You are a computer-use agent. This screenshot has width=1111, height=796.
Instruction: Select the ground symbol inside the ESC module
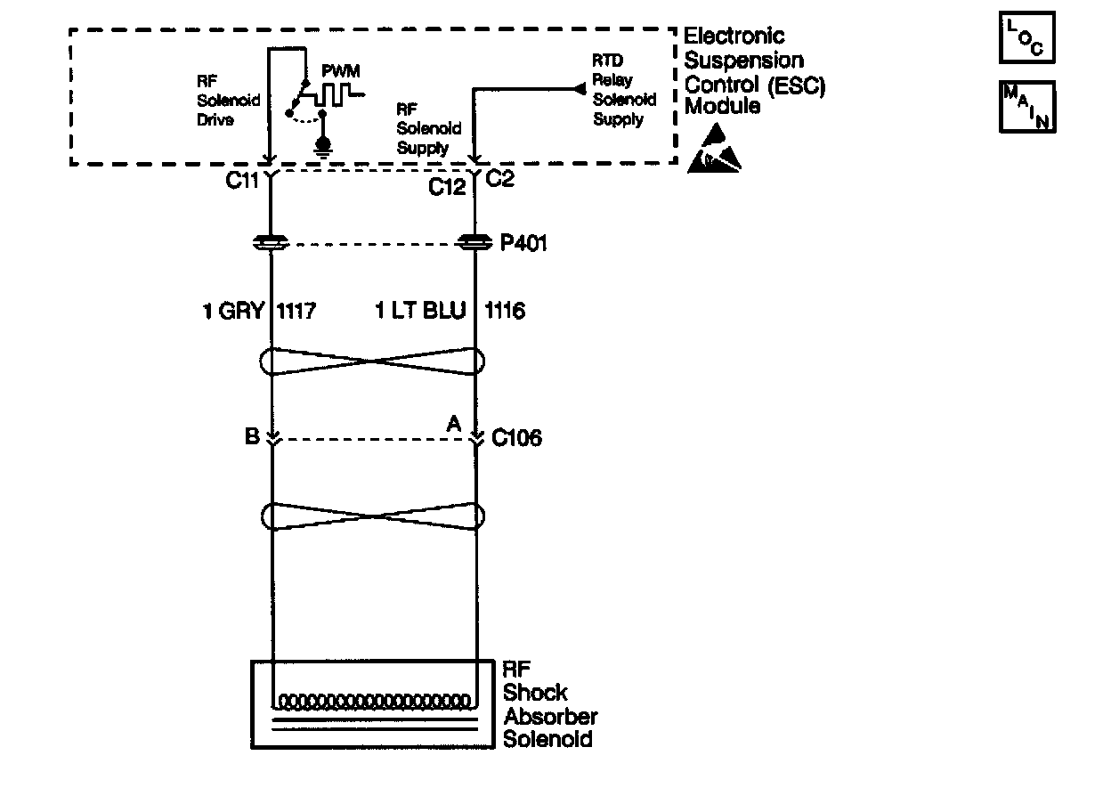coord(323,144)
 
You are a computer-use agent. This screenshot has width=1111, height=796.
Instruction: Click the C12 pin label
coord(448,187)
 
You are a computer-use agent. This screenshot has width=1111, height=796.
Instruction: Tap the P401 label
coord(523,242)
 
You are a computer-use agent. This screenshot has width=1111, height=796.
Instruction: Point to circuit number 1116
coord(505,311)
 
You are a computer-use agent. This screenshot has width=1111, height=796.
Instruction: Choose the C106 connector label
coord(516,438)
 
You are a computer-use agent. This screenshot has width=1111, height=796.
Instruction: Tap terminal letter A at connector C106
coord(454,427)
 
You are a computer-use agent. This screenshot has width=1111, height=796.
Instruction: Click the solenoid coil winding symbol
coord(374,699)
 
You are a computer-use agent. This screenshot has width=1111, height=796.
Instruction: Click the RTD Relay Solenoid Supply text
coord(624,89)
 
